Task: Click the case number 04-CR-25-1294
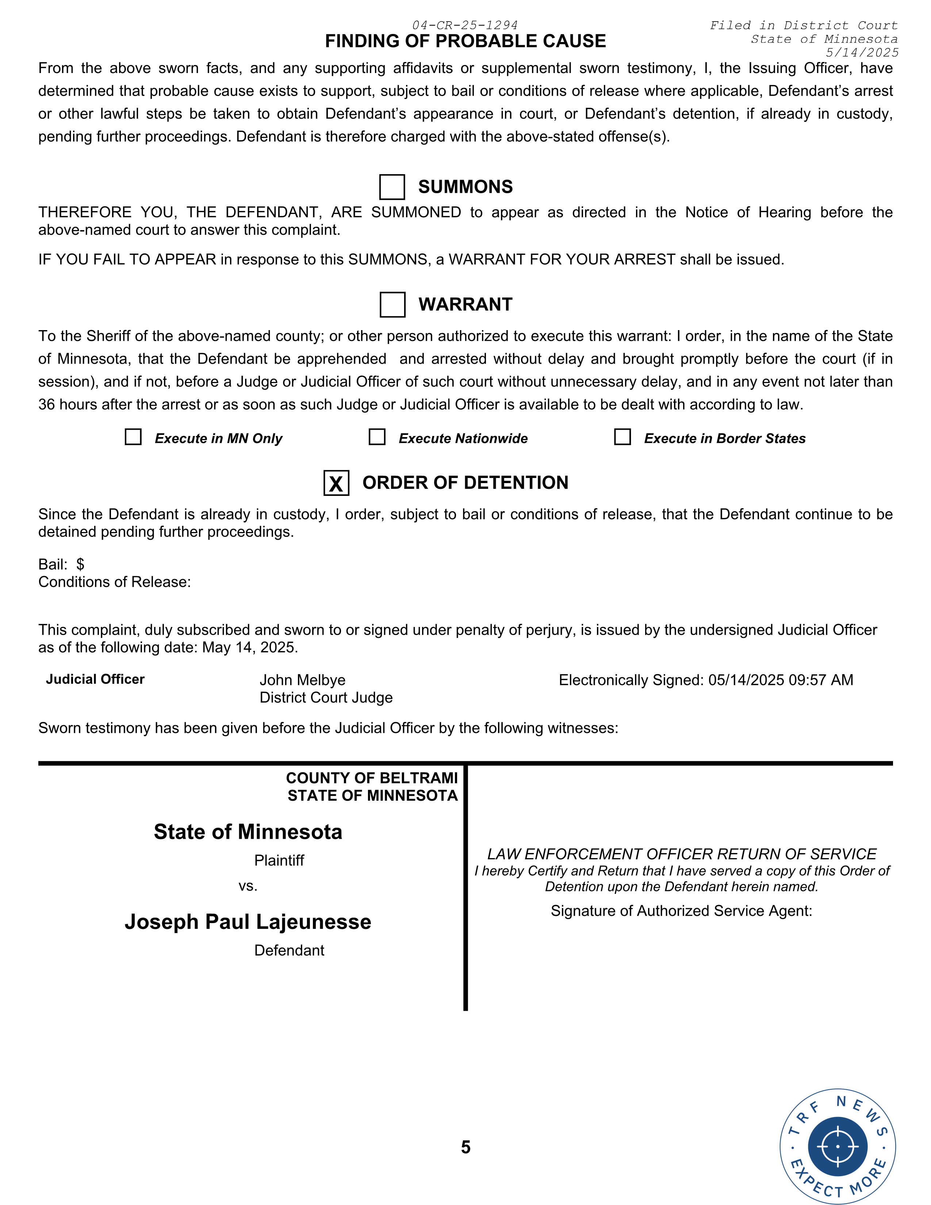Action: pyautogui.click(x=464, y=26)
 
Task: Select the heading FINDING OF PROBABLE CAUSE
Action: pyautogui.click(x=465, y=41)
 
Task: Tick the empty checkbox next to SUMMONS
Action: pyautogui.click(x=392, y=187)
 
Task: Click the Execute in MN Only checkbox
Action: pyautogui.click(x=133, y=437)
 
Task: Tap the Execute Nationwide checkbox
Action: pyautogui.click(x=377, y=437)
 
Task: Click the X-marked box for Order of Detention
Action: pyautogui.click(x=336, y=483)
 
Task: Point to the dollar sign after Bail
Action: pyautogui.click(x=81, y=564)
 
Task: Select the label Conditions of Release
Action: pyautogui.click(x=114, y=582)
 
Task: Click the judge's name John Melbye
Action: pyautogui.click(x=302, y=680)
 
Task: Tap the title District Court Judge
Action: pyautogui.click(x=326, y=697)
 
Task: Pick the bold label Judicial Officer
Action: pyautogui.click(x=95, y=679)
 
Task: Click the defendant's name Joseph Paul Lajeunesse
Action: pyautogui.click(x=248, y=922)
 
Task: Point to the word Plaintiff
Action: pyautogui.click(x=279, y=860)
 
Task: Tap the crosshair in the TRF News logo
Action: pyautogui.click(x=837, y=1147)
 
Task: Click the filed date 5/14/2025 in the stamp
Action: pyautogui.click(x=862, y=53)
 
